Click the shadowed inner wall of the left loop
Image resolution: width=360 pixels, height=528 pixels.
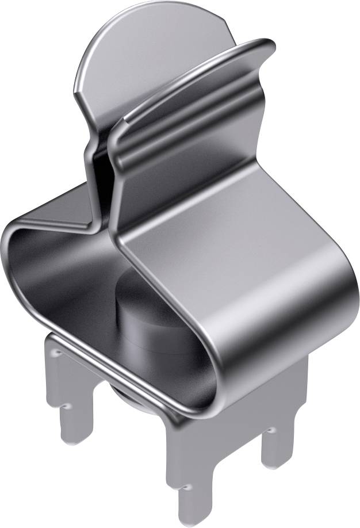tap(58, 270)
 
